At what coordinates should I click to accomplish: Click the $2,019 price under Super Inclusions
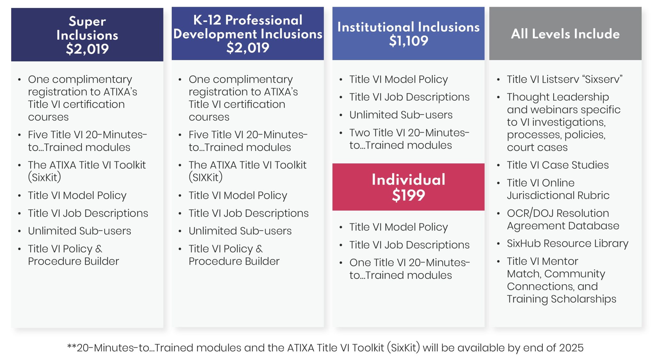tap(87, 49)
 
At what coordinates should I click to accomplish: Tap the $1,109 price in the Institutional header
tap(408, 41)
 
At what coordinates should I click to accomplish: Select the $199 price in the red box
tap(408, 195)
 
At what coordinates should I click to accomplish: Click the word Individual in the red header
tap(408, 179)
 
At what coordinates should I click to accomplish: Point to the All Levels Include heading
tap(565, 34)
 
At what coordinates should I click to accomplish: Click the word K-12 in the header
tap(207, 20)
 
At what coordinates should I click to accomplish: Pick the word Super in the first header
tap(87, 21)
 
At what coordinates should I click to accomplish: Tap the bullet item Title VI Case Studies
tap(557, 165)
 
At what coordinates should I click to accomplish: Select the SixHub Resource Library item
tap(567, 244)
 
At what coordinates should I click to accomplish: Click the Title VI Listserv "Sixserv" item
tap(564, 79)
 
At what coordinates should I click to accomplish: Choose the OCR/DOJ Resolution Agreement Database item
tap(563, 219)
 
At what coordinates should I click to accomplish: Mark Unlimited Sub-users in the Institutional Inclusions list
tap(401, 115)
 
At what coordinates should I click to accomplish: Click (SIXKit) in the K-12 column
tap(205, 177)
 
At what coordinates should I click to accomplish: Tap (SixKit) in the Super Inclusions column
tap(44, 177)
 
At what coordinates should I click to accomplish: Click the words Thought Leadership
tap(558, 97)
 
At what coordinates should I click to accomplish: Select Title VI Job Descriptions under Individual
tap(409, 245)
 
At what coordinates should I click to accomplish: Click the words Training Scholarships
tap(561, 299)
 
